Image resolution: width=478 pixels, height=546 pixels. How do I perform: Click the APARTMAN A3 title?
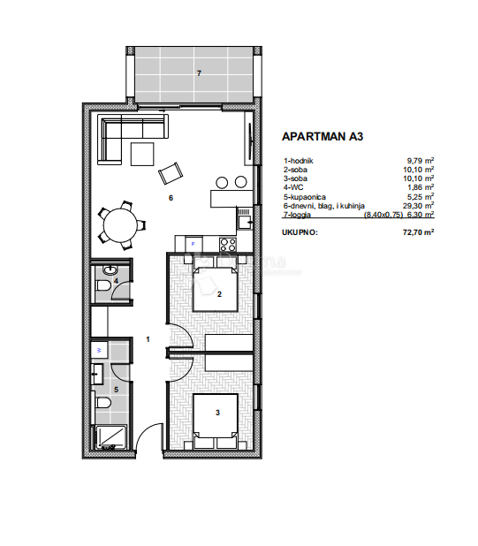[x=322, y=137]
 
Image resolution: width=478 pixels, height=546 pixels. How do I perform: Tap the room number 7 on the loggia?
[x=199, y=73]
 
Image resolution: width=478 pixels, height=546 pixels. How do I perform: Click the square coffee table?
[x=143, y=155]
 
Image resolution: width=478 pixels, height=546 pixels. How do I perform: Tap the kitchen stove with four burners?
[x=227, y=245]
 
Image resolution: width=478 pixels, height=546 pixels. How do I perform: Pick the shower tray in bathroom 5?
[x=111, y=436]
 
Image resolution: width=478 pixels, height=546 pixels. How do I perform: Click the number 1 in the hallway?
[x=148, y=338]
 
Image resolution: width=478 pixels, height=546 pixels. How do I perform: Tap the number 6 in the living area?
[x=170, y=198]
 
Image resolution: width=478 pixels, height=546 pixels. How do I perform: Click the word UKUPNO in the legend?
[x=299, y=233]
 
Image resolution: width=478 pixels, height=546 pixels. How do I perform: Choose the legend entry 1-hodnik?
[x=298, y=161]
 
